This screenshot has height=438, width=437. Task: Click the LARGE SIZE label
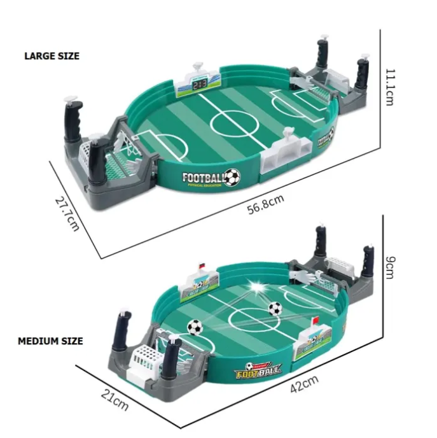point(52,56)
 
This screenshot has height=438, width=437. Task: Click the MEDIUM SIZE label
point(50,341)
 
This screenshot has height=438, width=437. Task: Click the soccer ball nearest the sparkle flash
point(275,309)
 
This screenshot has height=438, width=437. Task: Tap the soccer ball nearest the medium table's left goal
point(195,327)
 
